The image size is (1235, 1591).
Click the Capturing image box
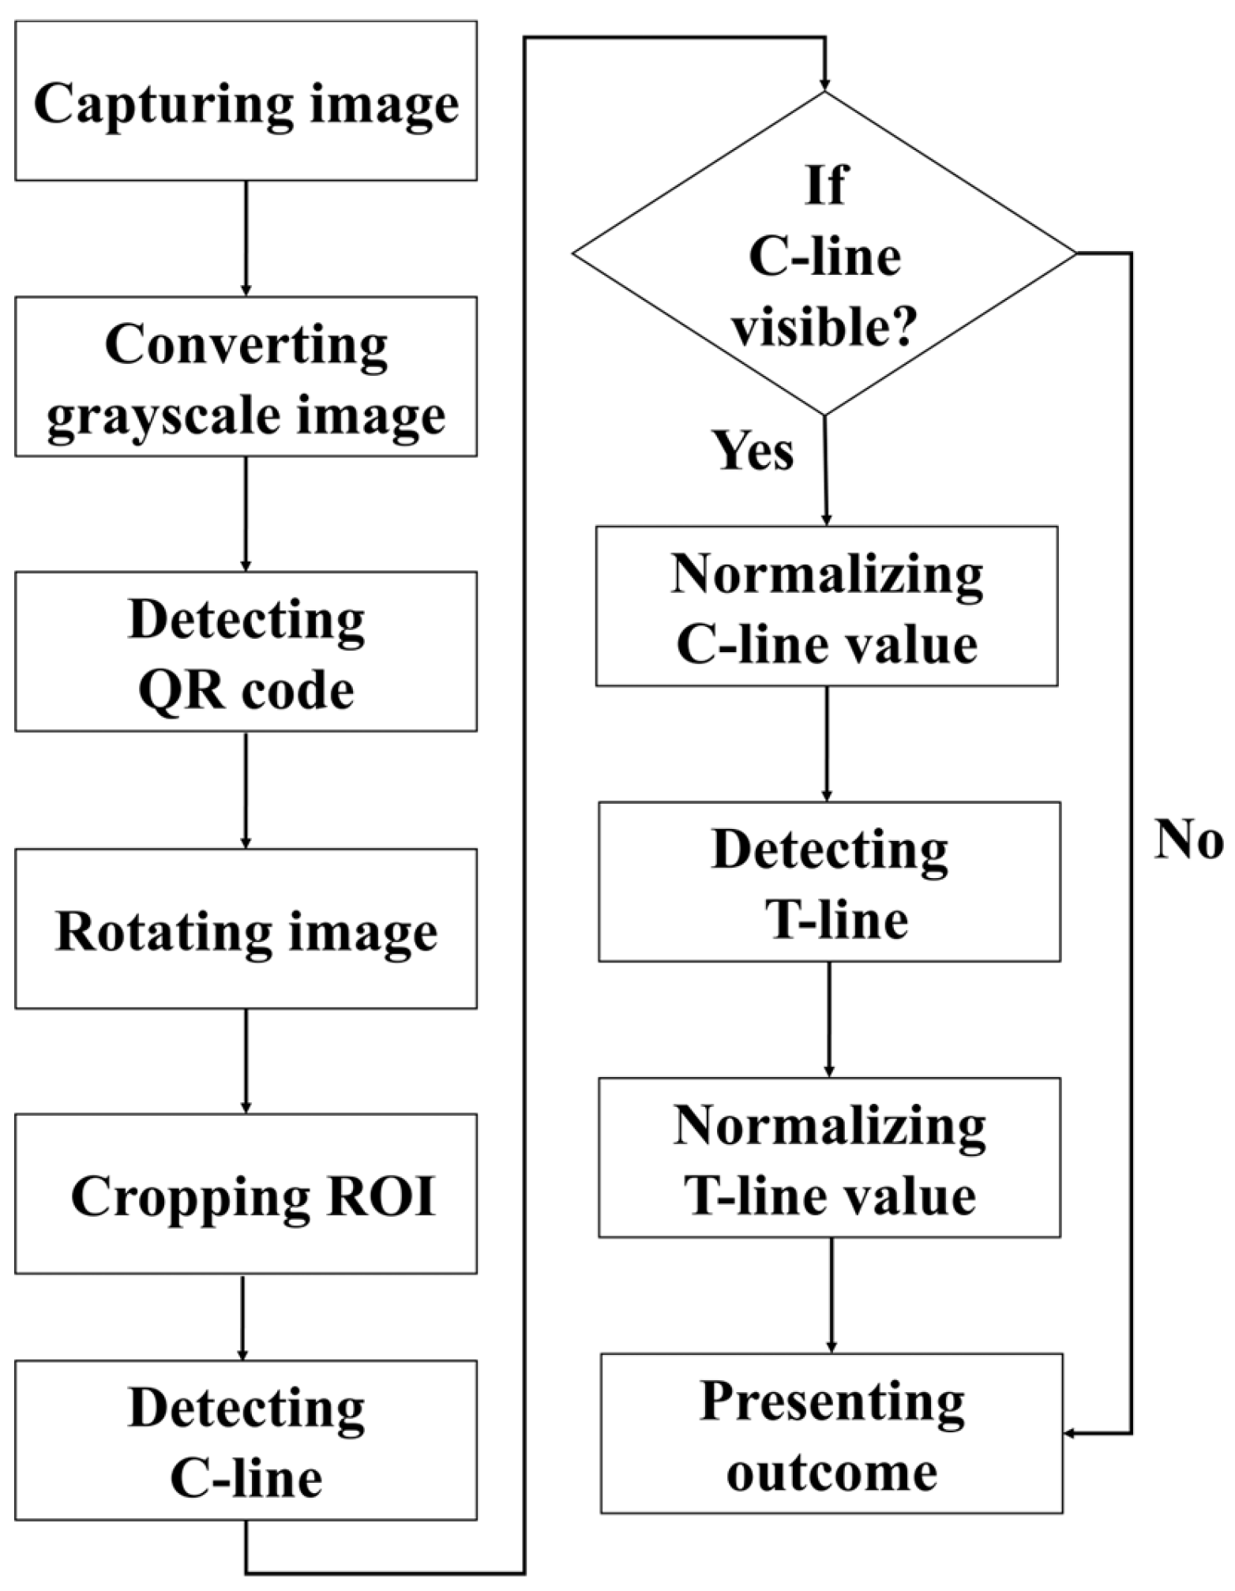pos(246,101)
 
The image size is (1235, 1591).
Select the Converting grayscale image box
pos(246,377)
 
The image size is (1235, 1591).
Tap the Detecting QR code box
pos(246,651)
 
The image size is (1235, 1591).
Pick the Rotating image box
pos(246,929)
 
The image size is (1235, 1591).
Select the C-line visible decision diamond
pos(824,253)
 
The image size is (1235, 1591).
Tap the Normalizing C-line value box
pos(826,606)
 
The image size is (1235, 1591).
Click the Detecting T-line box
pos(828,881)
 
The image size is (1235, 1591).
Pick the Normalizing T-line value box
pos(828,1157)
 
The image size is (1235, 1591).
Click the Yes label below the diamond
pos(753,452)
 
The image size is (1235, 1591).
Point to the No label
pos(1188,839)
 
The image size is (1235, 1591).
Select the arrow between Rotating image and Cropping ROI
pos(246,1060)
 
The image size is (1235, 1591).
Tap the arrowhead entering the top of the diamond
pos(825,84)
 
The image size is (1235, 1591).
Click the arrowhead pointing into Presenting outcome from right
pos(1071,1433)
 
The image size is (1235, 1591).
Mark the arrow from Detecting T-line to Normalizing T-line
pos(829,1019)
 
